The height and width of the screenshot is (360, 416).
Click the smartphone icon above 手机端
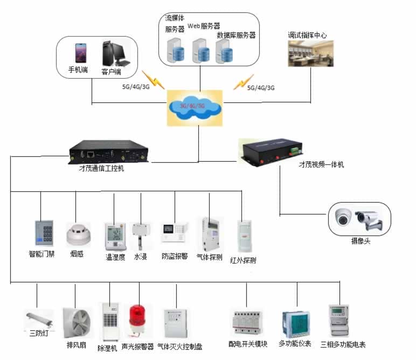point(81,53)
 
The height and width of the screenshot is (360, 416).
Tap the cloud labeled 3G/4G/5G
point(195,107)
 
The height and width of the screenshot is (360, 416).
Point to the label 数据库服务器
point(236,35)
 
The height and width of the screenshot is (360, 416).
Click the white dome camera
point(343,217)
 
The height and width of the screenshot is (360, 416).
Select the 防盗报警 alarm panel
point(174,231)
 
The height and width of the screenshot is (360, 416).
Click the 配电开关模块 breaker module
point(248,322)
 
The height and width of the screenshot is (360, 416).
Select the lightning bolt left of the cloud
point(153,79)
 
